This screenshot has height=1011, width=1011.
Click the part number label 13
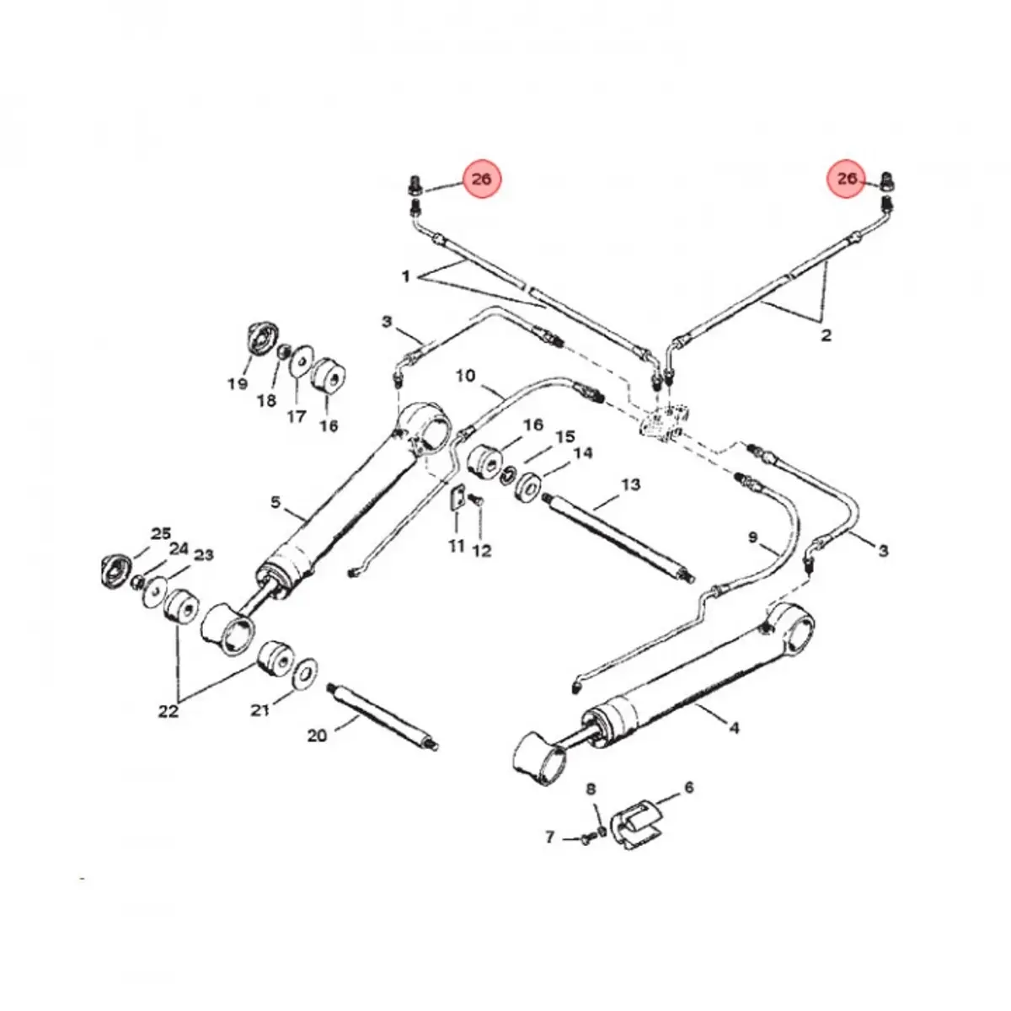(630, 484)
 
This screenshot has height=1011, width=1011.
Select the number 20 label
(317, 736)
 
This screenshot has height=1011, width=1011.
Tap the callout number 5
(275, 503)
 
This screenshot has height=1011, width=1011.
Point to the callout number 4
(733, 727)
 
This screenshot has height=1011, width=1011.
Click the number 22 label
(168, 711)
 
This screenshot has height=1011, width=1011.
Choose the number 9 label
(752, 536)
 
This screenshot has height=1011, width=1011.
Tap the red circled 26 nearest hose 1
(481, 179)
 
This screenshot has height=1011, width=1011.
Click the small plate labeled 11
(457, 499)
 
